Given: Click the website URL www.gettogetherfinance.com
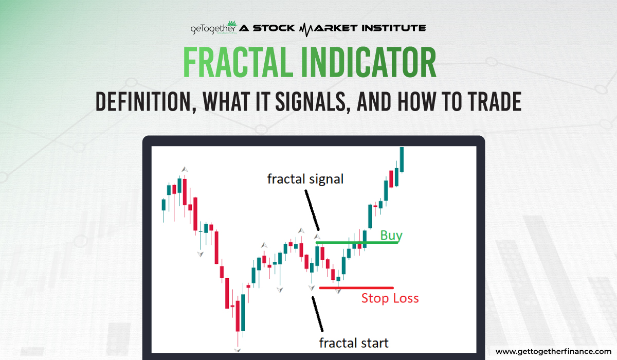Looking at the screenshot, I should coord(552,351).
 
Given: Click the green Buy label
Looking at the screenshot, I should coord(391,236).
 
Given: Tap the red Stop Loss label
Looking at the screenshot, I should coord(390,298).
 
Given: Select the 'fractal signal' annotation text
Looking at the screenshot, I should coord(305,179).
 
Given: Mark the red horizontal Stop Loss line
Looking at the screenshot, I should coord(356,287).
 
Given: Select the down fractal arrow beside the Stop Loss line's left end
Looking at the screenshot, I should coord(312,288).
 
